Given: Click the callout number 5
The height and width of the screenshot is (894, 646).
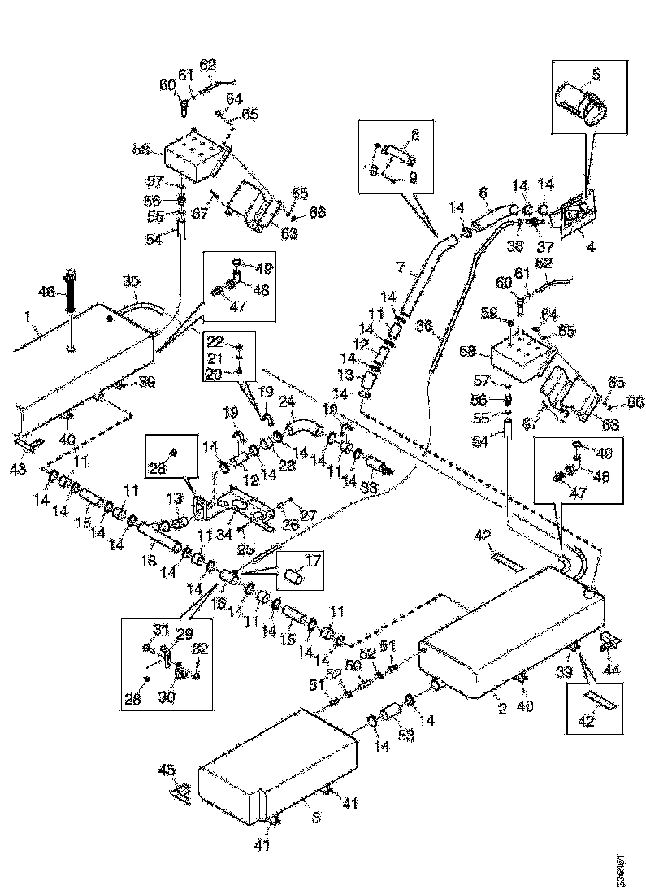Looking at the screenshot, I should point(596,74).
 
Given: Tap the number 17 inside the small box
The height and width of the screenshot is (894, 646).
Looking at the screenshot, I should point(314,560).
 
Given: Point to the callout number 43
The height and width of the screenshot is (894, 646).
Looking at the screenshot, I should point(18,469).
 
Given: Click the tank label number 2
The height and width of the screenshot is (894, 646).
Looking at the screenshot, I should point(502,708).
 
